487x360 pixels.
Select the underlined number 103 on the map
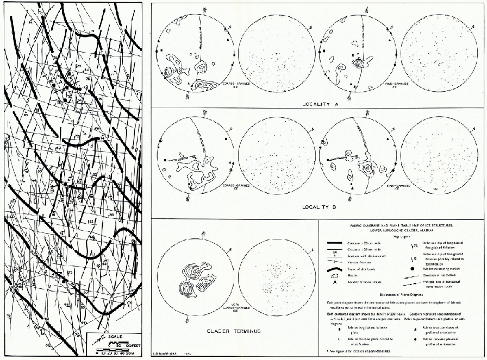[91, 223]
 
